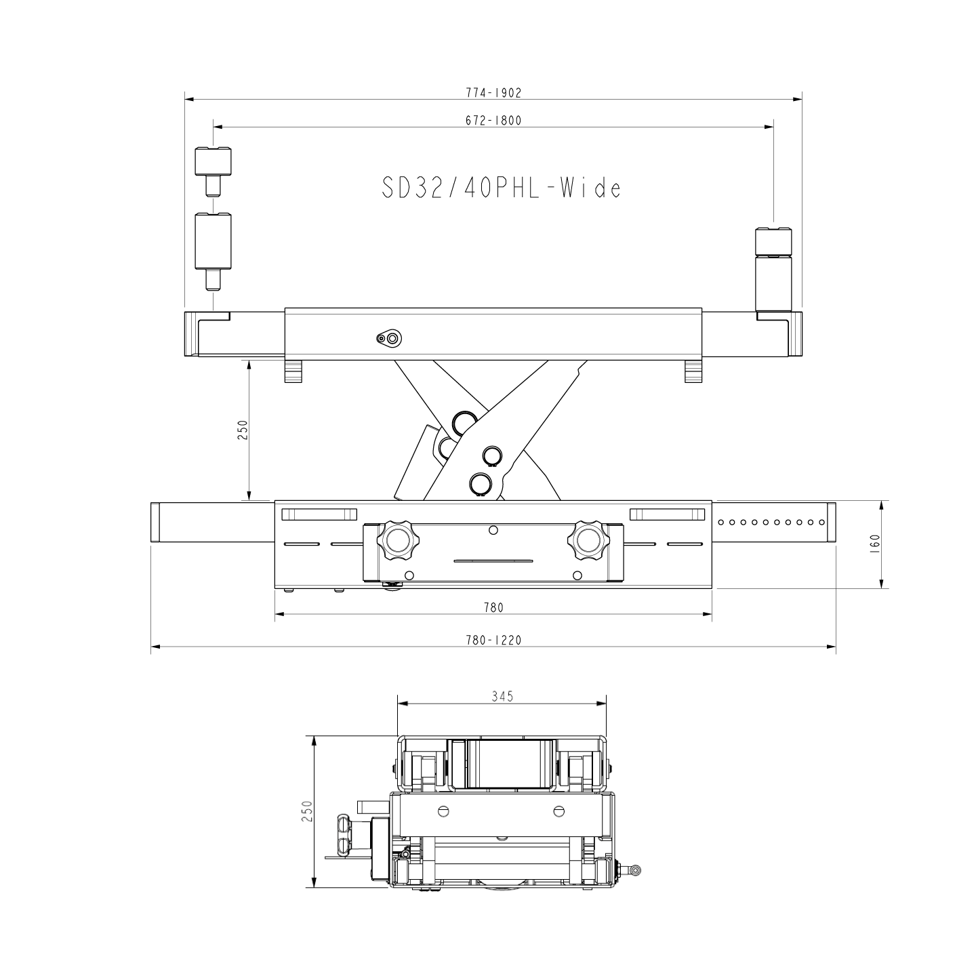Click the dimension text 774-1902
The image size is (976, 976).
click(x=493, y=93)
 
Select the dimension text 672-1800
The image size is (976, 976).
click(x=493, y=121)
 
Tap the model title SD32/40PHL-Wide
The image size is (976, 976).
click(x=501, y=188)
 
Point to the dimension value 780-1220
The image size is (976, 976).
click(x=493, y=640)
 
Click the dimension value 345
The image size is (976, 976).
click(x=502, y=696)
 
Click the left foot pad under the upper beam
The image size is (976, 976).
click(x=293, y=371)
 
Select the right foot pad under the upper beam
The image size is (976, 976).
click(x=693, y=371)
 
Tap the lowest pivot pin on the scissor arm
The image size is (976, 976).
click(x=480, y=483)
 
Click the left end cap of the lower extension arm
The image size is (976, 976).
click(x=155, y=522)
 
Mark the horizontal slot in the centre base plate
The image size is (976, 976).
click(x=493, y=561)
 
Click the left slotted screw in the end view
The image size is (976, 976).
click(x=445, y=811)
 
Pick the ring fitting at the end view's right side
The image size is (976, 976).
click(x=635, y=869)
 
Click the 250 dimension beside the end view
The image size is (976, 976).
click(x=307, y=811)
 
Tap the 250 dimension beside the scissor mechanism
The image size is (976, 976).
click(x=243, y=430)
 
